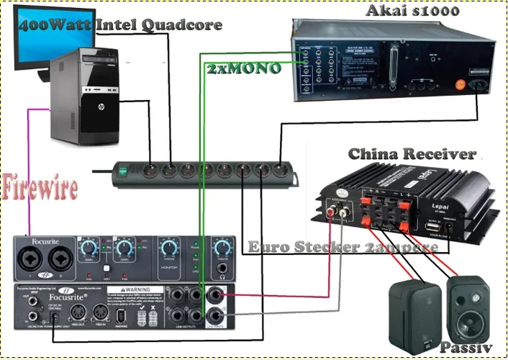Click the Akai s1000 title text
(x=412, y=11)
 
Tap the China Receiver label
(x=412, y=154)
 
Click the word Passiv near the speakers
(x=466, y=348)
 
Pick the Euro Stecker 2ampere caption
(x=343, y=247)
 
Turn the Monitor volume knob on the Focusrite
(x=170, y=246)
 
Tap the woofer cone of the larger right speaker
(x=464, y=314)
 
